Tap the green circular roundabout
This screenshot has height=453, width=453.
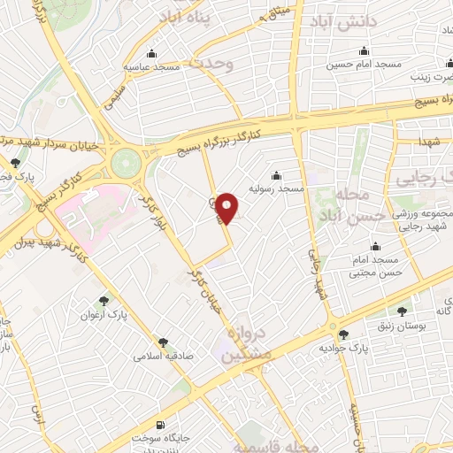click(x=126, y=162)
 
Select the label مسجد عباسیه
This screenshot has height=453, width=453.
click(x=151, y=65)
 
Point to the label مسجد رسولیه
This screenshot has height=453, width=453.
click(x=276, y=188)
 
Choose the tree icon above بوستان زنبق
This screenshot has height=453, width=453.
click(x=403, y=311)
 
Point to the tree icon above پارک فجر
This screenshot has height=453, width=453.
click(x=14, y=163)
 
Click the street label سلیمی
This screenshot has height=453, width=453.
click(x=114, y=89)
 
